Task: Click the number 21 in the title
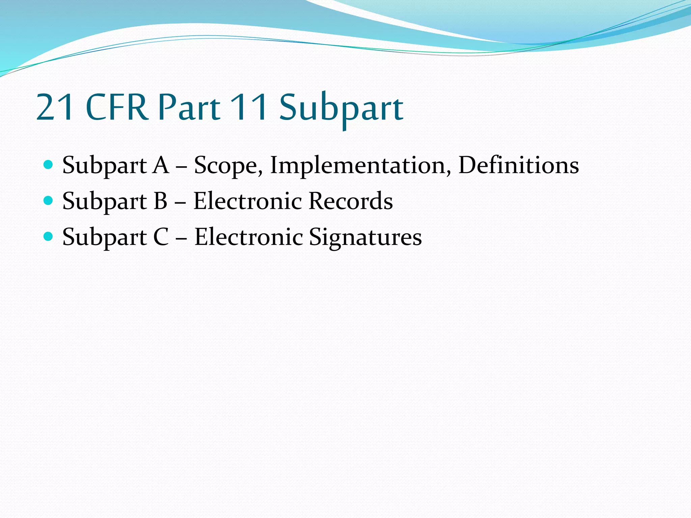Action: tap(55, 107)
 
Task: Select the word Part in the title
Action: tap(189, 107)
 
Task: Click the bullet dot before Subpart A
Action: tap(49, 165)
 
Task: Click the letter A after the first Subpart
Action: tap(160, 165)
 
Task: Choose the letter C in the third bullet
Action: tap(161, 237)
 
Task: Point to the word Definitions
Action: tap(518, 165)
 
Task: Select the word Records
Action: tap(351, 201)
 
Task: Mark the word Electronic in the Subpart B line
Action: tap(248, 201)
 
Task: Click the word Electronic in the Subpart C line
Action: tap(249, 237)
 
